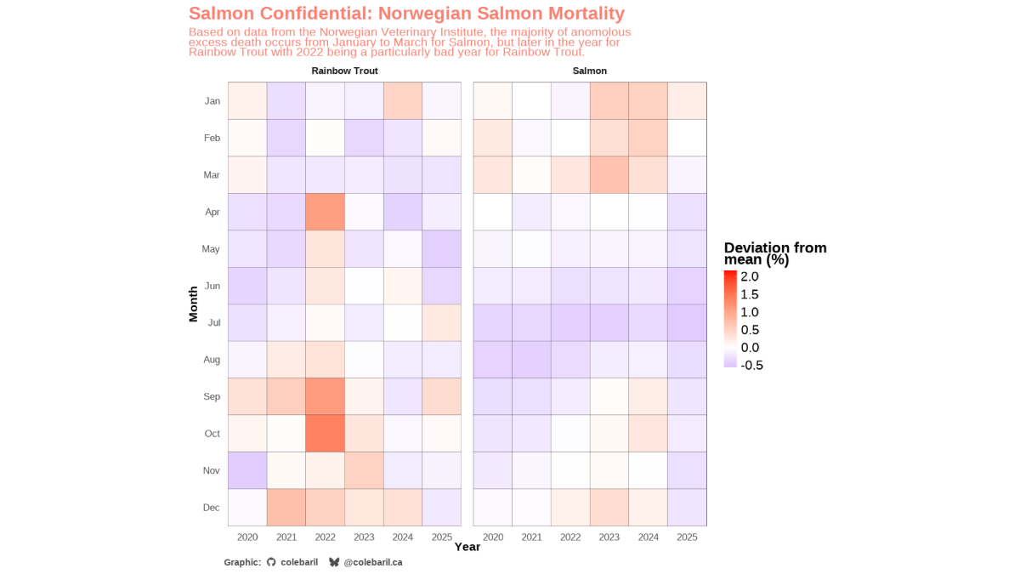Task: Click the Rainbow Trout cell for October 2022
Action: (325, 434)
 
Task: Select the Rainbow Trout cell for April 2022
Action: (325, 212)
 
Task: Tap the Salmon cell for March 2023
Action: (609, 175)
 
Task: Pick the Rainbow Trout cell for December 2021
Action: (286, 508)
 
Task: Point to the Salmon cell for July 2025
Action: (687, 323)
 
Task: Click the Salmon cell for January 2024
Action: (648, 101)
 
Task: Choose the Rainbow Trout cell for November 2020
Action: (247, 470)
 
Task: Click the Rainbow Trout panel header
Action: (344, 71)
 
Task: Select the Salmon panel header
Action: (590, 71)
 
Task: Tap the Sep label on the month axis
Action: (212, 397)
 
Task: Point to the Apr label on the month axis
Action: (212, 213)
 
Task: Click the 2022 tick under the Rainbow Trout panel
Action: (325, 537)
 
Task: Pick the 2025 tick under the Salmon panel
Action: (687, 537)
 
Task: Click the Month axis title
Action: (193, 304)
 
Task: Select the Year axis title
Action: (467, 548)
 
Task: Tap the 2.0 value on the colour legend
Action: (750, 277)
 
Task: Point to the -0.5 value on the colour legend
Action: (752, 366)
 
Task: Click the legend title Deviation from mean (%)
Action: (774, 253)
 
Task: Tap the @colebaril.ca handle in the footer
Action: (372, 562)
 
